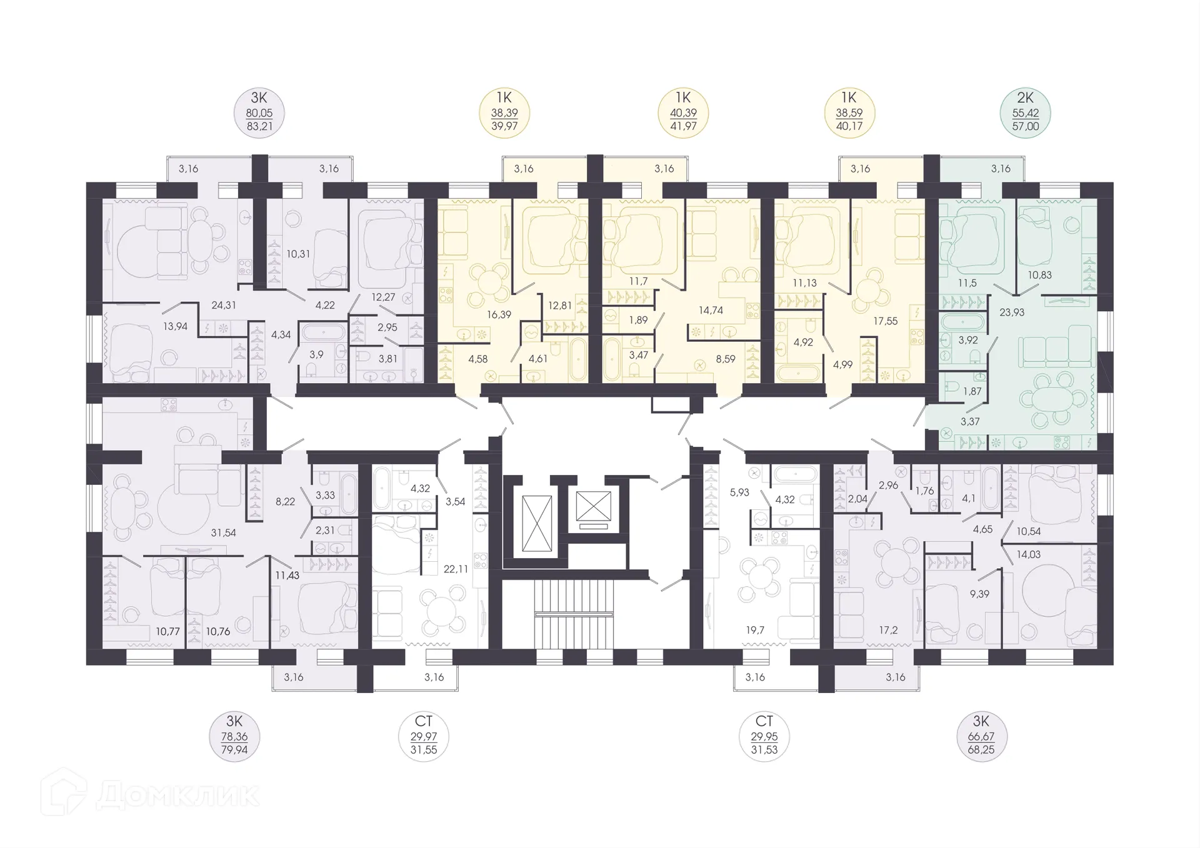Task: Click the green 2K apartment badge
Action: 1025,113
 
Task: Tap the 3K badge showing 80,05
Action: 259,113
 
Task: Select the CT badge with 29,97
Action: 424,736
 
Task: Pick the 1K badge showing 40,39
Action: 683,113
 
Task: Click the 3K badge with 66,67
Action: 981,736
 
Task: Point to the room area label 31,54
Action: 224,532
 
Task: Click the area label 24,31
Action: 224,305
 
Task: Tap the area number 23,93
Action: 1012,312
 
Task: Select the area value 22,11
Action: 456,569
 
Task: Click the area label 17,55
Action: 885,321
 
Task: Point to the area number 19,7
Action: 755,630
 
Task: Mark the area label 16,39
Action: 499,314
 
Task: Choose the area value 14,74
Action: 711,310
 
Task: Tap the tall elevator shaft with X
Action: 537,523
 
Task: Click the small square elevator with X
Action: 593,506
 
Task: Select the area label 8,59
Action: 726,359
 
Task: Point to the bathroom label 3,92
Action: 967,340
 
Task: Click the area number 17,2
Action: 888,630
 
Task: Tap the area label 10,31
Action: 298,254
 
